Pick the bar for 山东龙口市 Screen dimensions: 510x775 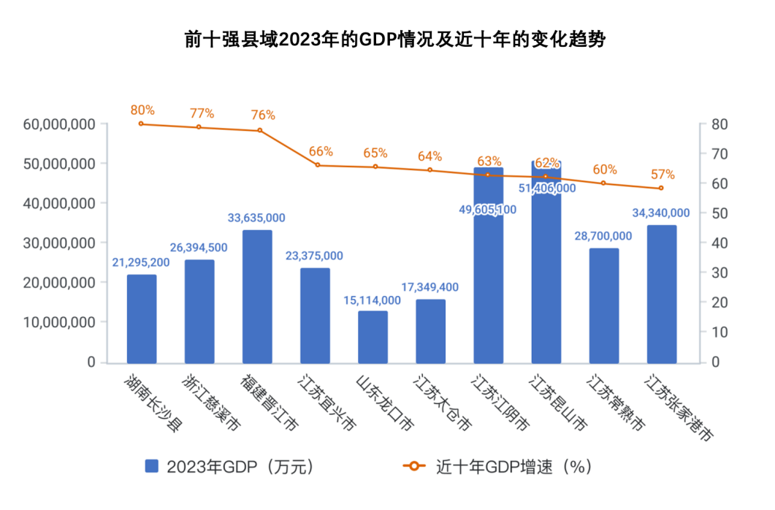click(373, 337)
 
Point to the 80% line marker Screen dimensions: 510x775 click(141, 123)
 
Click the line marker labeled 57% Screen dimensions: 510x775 click(661, 188)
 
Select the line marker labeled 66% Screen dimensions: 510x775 click(318, 165)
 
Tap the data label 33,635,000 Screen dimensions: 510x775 click(257, 218)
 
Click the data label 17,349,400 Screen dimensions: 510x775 click(430, 287)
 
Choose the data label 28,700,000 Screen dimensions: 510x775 click(603, 235)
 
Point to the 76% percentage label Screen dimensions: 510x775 click(263, 115)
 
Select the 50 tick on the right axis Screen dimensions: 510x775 click(717, 213)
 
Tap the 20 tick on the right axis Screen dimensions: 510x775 click(717, 302)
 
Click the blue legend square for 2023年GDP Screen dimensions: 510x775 click(152, 466)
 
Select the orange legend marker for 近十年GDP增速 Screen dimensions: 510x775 click(415, 466)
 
